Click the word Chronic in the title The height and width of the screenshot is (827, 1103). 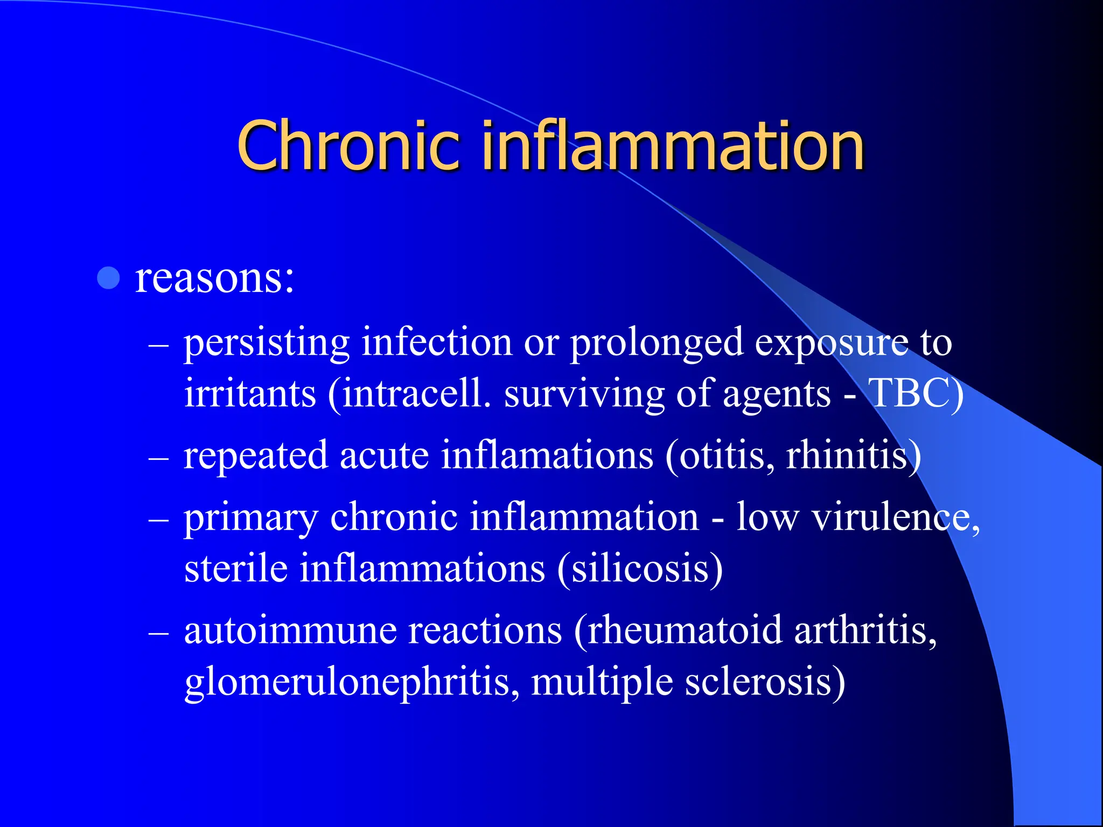[348, 145]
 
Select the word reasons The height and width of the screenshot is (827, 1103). [214, 278]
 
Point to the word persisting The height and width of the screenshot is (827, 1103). [267, 343]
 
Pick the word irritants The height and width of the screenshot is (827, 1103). [250, 393]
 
